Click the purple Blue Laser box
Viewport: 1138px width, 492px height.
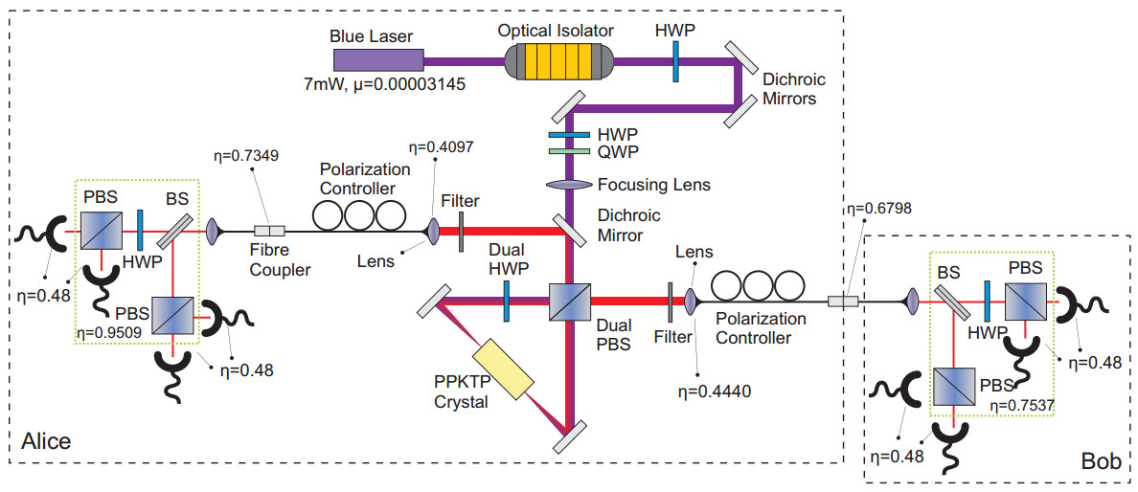point(376,59)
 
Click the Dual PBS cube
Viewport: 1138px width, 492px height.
point(569,300)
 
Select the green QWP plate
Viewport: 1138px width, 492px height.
point(569,151)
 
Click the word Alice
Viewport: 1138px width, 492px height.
point(46,442)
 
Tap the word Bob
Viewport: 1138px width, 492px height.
point(1101,461)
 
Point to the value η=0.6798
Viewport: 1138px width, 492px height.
point(876,209)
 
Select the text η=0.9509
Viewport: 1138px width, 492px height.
point(108,335)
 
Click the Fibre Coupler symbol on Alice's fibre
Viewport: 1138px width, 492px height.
point(269,231)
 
